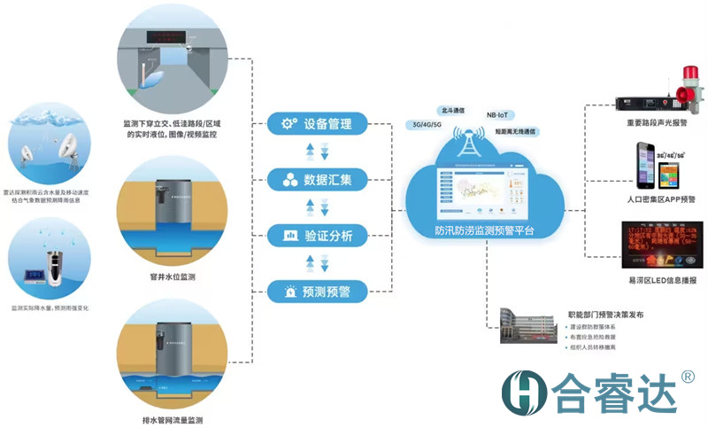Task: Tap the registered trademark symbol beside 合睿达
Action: (x=687, y=376)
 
